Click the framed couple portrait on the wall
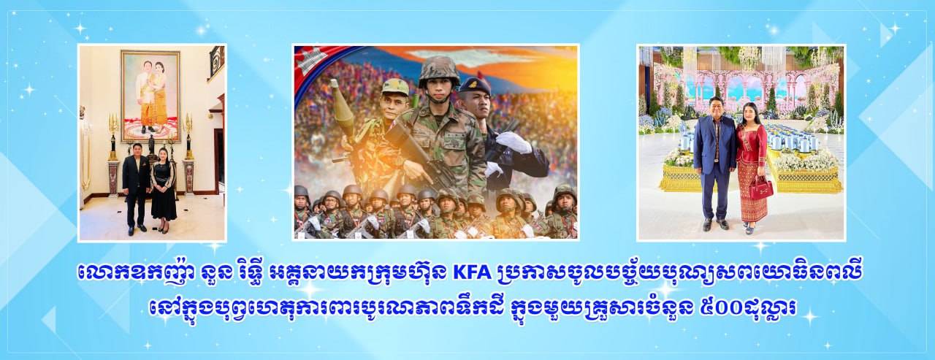point(150,96)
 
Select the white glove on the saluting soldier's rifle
point(514,142)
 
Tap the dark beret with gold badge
point(475,85)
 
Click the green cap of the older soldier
point(395,86)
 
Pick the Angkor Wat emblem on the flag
point(310,63)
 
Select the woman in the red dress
point(752,168)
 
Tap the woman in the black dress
point(163,188)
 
